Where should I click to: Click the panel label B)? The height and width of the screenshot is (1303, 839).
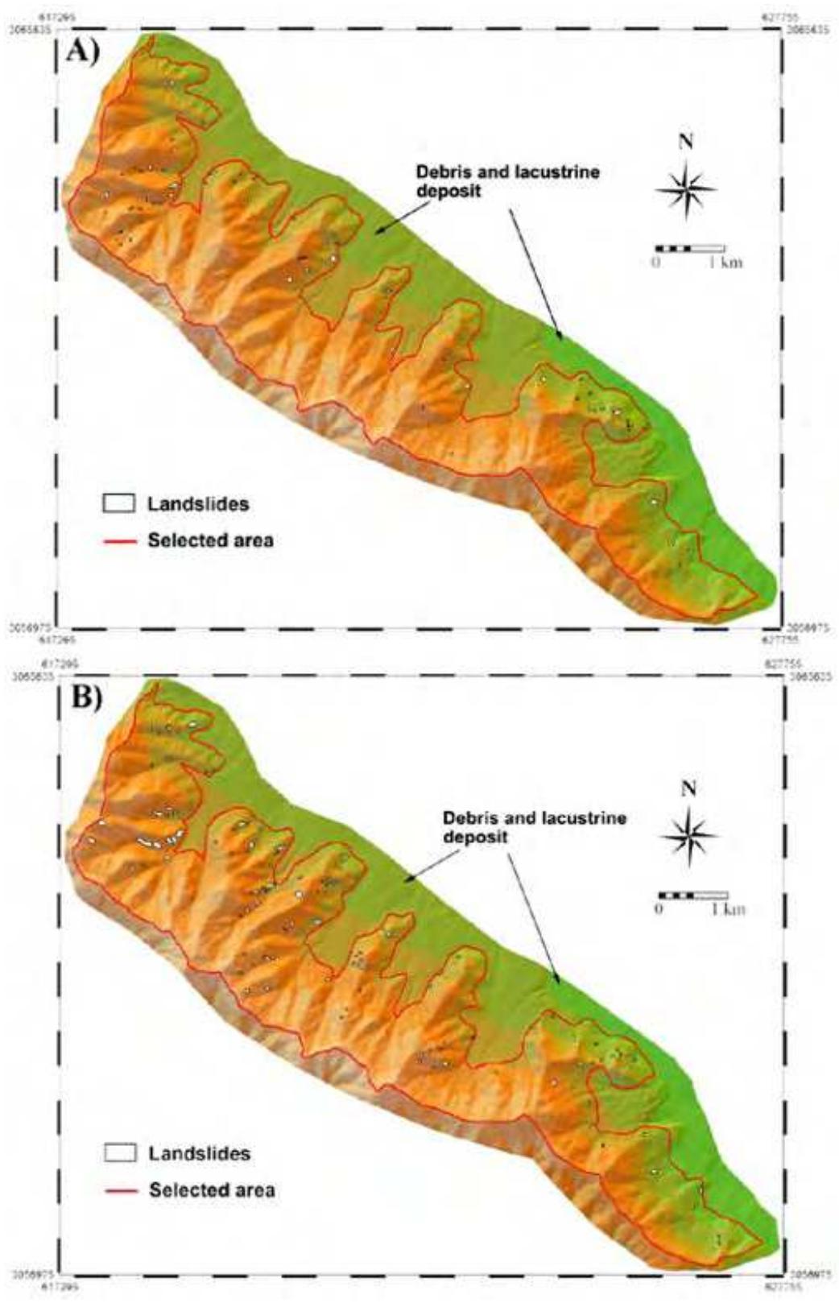point(86,697)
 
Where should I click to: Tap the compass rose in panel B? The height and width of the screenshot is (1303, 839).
point(688,835)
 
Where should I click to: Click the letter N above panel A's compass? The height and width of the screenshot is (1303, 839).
point(685,143)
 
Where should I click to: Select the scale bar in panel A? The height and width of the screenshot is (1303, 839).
point(690,248)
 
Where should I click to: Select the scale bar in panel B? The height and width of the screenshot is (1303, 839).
point(693,895)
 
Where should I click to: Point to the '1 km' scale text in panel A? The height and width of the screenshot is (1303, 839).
point(725,263)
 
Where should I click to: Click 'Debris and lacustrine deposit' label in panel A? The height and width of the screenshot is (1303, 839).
point(507,181)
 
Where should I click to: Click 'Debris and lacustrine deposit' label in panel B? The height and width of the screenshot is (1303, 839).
point(534,827)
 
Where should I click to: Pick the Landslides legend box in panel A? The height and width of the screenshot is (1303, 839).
point(118,503)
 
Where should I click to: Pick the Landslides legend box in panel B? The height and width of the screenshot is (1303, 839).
point(119,1152)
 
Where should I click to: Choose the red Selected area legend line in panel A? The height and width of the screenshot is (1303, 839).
point(118,540)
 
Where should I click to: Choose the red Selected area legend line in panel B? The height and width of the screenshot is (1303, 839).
point(119,1190)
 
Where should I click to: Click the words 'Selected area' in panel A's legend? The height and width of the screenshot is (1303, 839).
point(210,540)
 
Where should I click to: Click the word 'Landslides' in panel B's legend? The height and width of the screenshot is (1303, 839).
point(199,1153)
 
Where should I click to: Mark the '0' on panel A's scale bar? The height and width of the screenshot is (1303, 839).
point(656,263)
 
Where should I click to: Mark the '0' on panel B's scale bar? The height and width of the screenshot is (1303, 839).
point(659,909)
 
